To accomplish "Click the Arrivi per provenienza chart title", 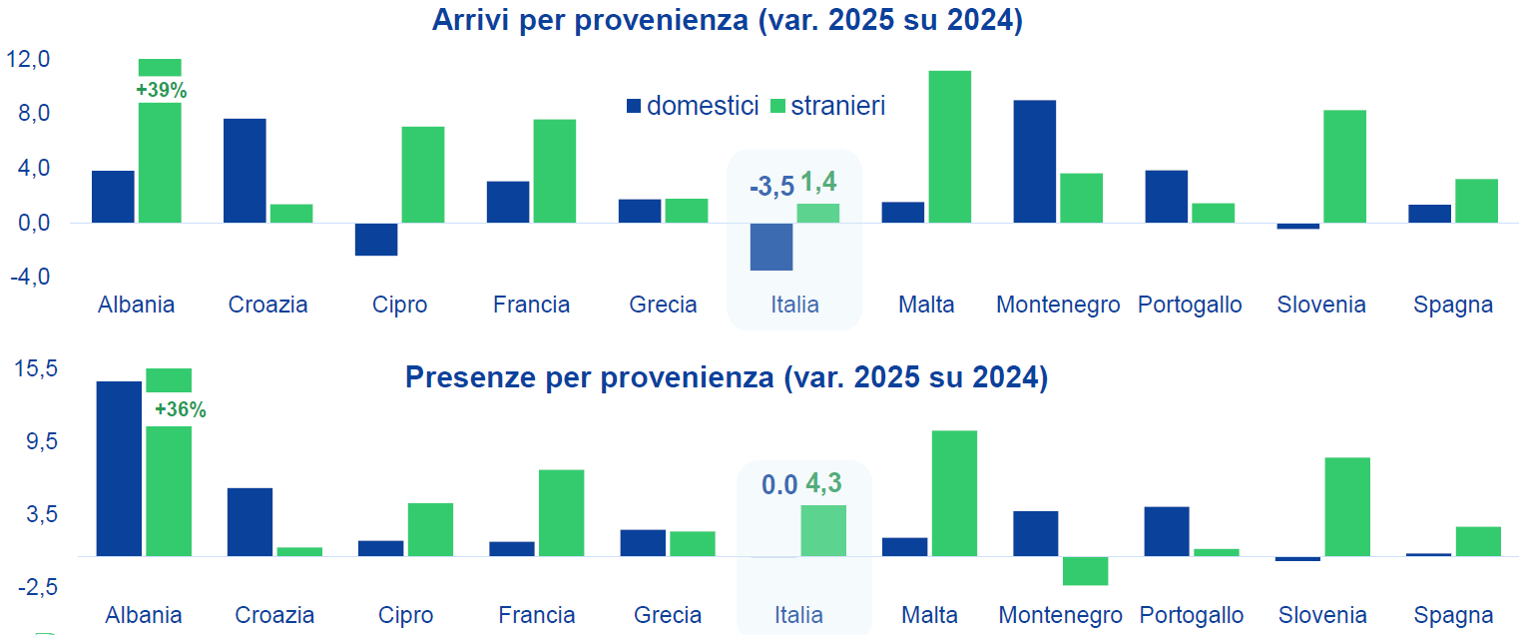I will [727, 21].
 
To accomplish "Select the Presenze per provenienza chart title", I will [727, 378].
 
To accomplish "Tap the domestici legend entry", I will [693, 106].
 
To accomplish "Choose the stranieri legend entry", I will [827, 106].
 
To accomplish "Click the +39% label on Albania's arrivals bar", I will [162, 90].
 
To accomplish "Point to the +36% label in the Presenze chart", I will [180, 409].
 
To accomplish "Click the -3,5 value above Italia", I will [771, 186].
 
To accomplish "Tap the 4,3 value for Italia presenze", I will [823, 484].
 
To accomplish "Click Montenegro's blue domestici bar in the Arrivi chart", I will [1034, 162].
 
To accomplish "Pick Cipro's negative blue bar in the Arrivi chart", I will [376, 240].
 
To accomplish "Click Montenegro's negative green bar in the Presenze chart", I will [1085, 570].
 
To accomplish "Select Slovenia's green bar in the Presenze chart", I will [1347, 506].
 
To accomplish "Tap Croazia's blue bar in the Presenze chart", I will [250, 521].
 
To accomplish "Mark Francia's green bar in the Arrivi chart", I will [554, 171].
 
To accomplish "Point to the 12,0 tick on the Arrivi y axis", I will [28, 60].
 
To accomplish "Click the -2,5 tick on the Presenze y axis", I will [36, 587].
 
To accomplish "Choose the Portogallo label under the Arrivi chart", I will [1190, 305].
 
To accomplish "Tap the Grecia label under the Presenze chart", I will [668, 615].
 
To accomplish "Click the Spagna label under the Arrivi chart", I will [1453, 305].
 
